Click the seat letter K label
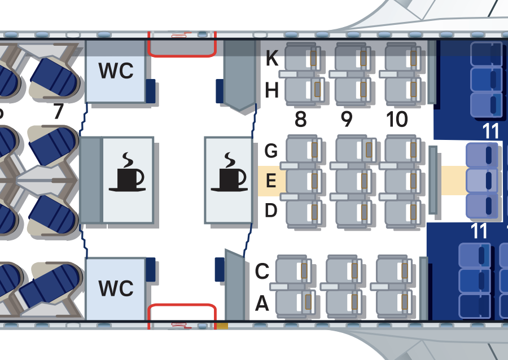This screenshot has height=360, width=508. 271,58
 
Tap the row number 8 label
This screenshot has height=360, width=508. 301,120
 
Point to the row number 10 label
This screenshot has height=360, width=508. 397,120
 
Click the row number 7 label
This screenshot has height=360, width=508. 58,112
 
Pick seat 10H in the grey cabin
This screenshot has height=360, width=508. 402,89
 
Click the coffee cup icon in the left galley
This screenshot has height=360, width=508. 127,172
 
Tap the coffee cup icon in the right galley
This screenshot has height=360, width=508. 229,172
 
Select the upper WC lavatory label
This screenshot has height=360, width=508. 116,71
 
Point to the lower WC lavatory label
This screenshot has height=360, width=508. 116,288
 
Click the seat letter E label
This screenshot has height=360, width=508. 271,182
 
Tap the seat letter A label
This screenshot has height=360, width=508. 262,305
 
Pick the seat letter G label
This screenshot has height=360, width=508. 271,151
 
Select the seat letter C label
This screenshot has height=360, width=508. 262,272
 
